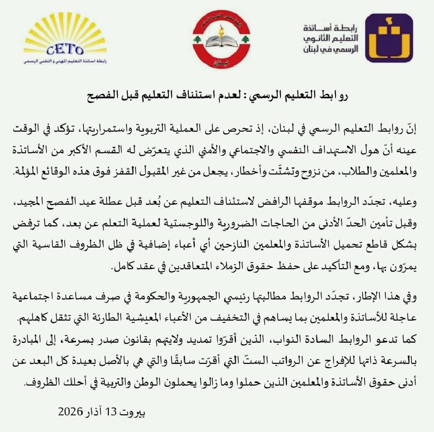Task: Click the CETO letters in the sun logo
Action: pos(65,49)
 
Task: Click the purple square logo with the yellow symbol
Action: pos(388,38)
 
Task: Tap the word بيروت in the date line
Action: pos(134,411)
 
